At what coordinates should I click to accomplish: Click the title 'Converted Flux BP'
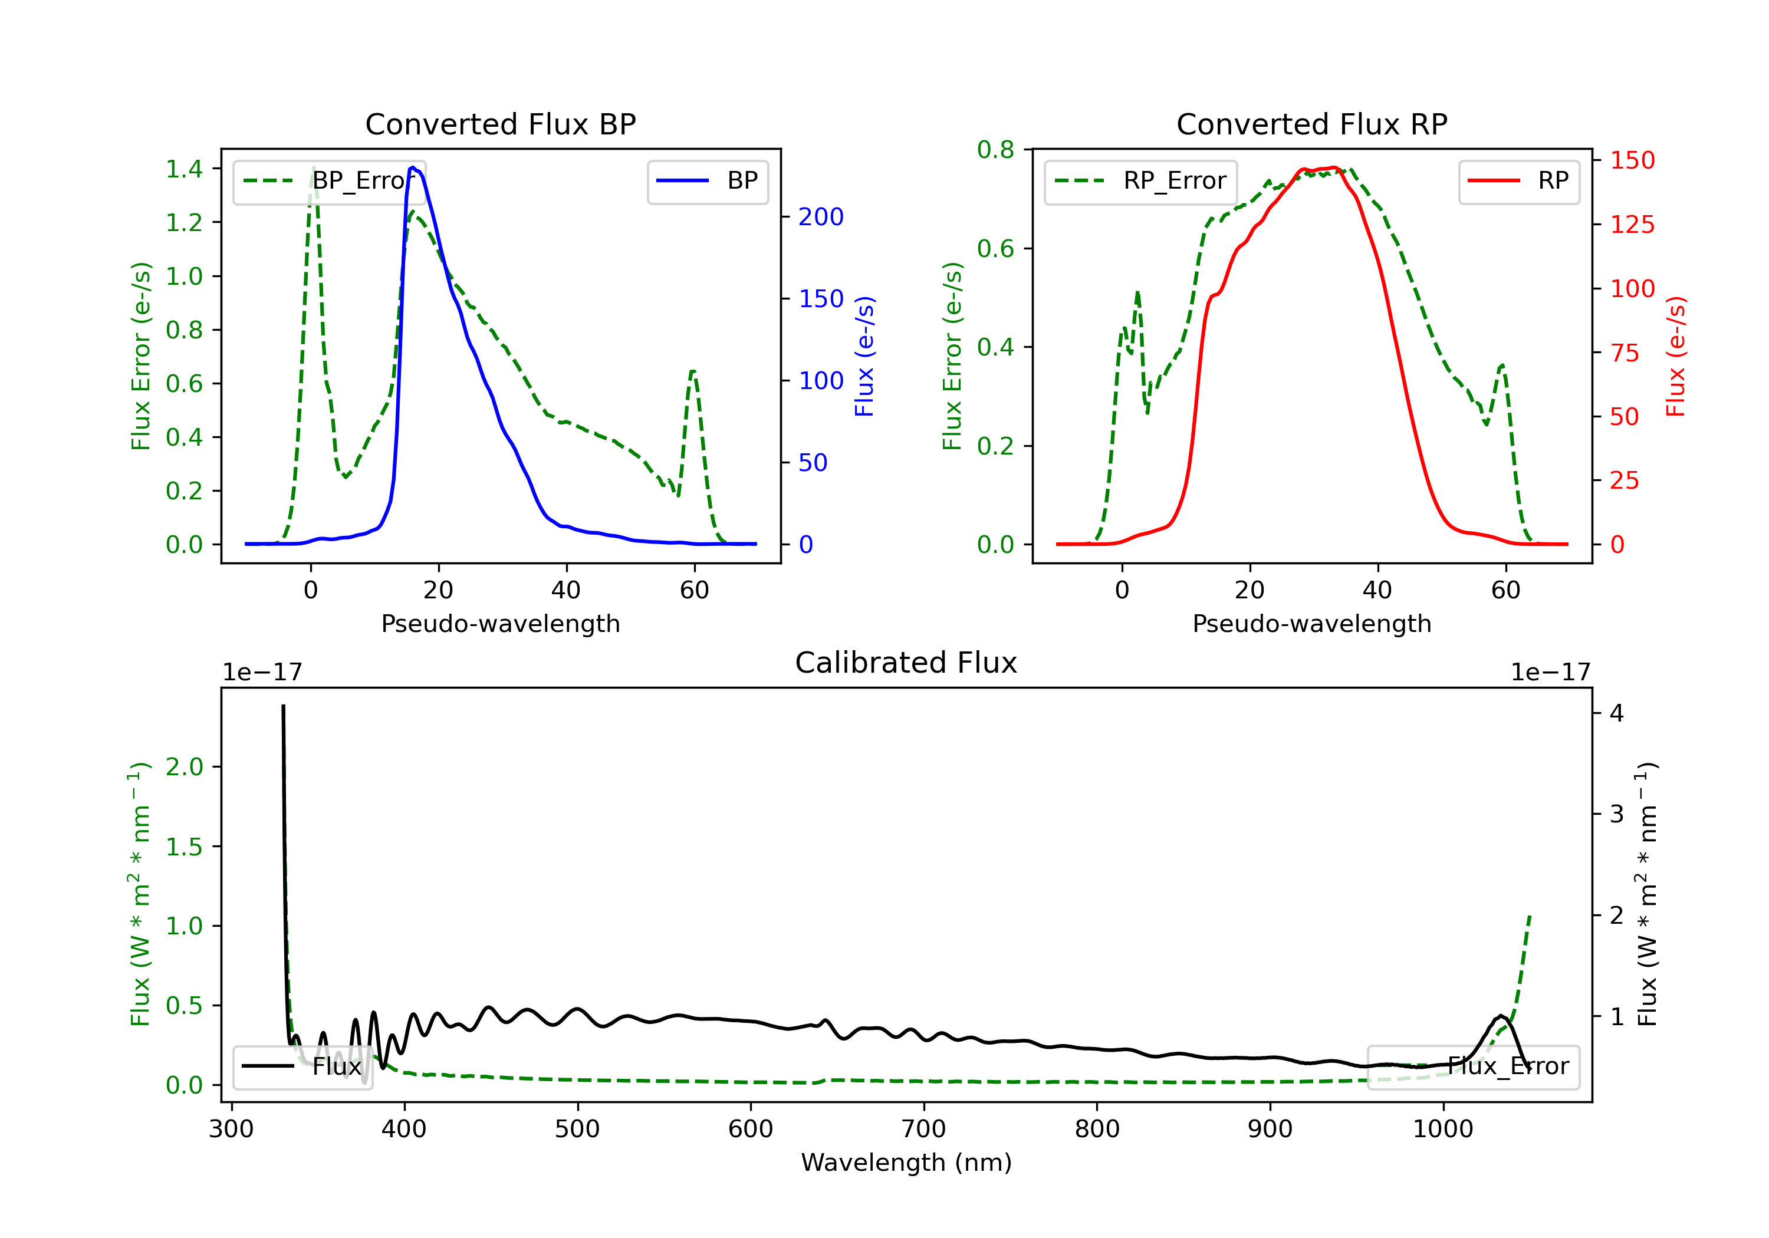click(500, 124)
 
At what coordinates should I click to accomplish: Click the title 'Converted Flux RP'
click(1311, 124)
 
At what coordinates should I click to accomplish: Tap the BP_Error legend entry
click(329, 181)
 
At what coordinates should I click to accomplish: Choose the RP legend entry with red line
click(1518, 181)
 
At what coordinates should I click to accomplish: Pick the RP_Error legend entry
click(1140, 181)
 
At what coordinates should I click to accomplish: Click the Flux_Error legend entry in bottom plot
click(1472, 1066)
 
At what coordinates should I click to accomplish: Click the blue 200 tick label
click(821, 218)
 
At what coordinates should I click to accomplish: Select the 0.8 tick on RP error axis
click(995, 150)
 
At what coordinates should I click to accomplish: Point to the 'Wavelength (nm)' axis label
click(906, 1162)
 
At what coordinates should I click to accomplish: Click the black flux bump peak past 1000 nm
click(1501, 1016)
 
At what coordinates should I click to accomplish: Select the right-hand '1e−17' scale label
click(1550, 673)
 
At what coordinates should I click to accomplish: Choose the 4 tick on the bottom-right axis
click(1616, 713)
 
